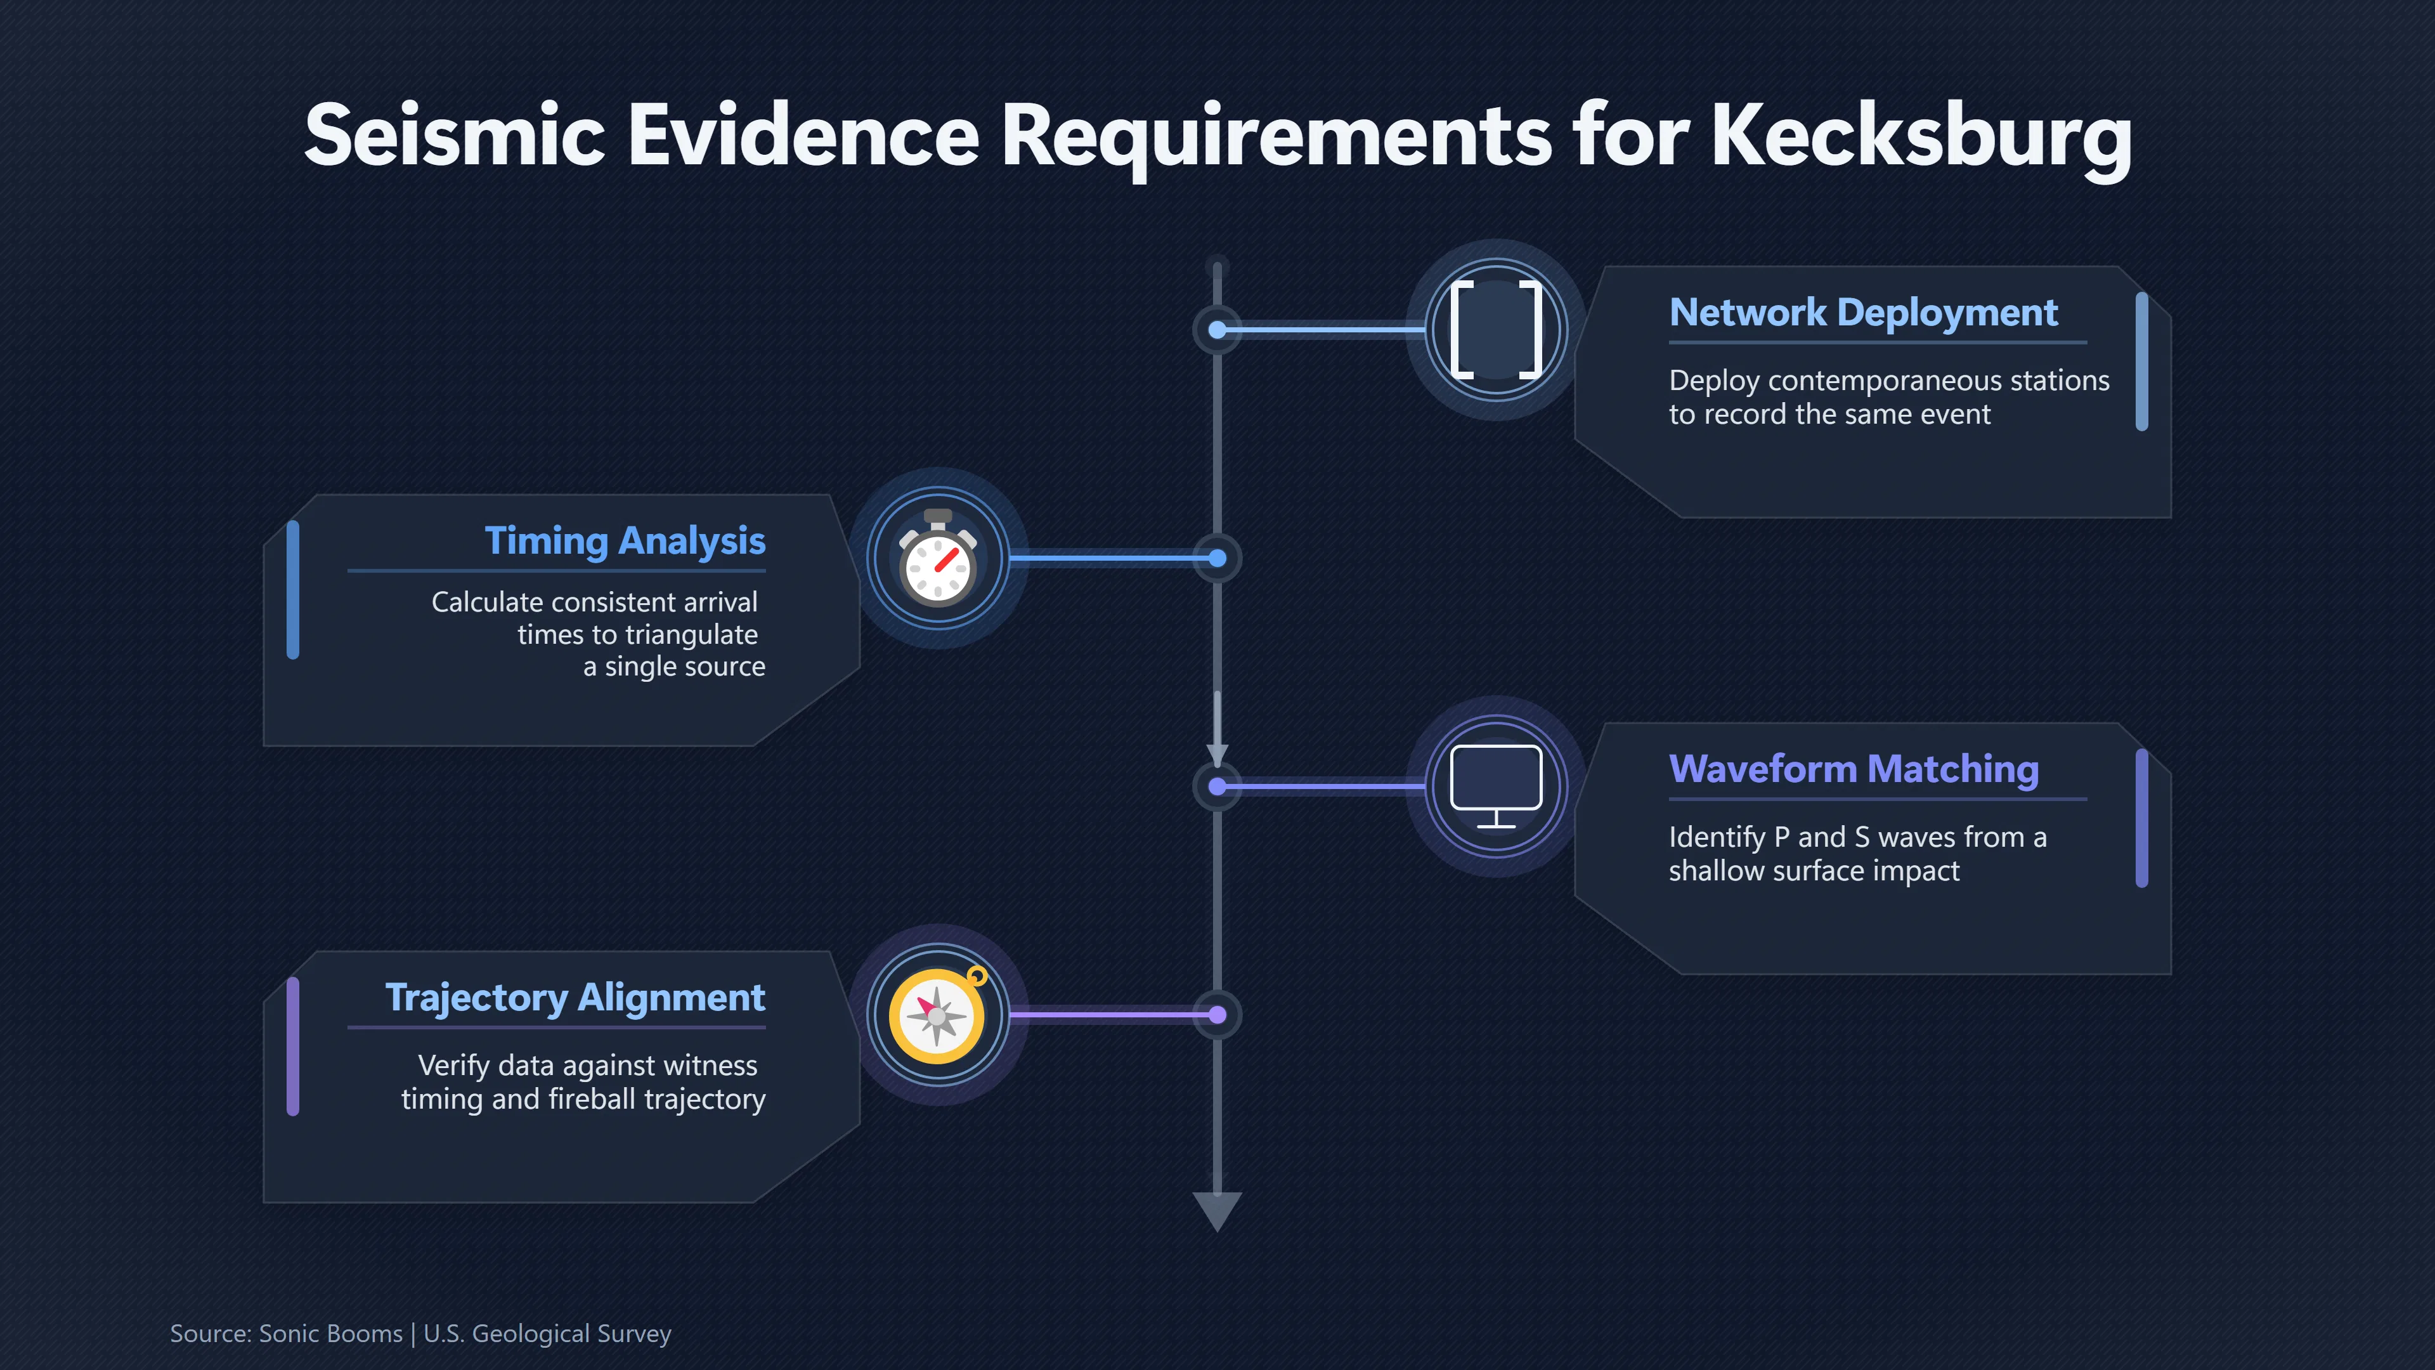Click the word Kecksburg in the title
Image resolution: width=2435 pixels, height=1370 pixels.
[1921, 137]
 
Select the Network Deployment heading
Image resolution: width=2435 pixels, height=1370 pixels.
[1863, 312]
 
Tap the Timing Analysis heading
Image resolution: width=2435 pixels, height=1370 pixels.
[625, 542]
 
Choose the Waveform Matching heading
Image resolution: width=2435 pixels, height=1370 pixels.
[1854, 769]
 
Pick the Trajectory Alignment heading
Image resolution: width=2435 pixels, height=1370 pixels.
[575, 998]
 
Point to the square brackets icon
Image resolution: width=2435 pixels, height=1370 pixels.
[1497, 330]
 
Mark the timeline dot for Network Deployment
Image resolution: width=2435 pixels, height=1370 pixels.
[1217, 330]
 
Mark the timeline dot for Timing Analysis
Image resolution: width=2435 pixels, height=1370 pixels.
[1217, 558]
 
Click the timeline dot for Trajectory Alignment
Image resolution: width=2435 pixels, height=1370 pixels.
[1217, 1015]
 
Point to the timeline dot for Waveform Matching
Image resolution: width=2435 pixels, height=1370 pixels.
[1217, 786]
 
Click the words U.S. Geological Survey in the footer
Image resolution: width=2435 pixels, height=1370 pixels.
[547, 1334]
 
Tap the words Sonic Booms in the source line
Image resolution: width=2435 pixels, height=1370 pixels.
[331, 1334]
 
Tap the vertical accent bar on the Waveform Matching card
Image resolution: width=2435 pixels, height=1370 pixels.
[2142, 819]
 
